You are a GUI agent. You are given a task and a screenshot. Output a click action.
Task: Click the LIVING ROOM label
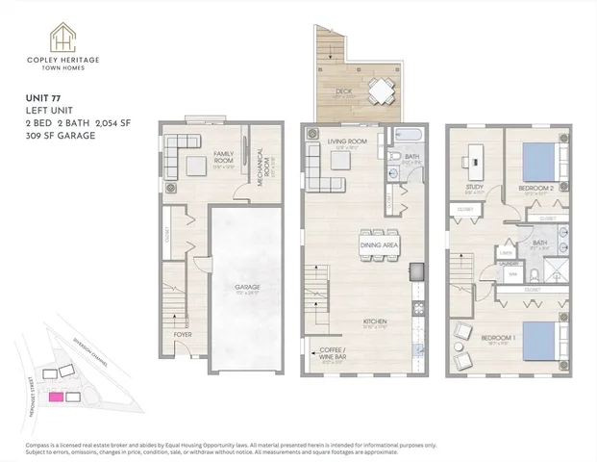pos(347,142)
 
